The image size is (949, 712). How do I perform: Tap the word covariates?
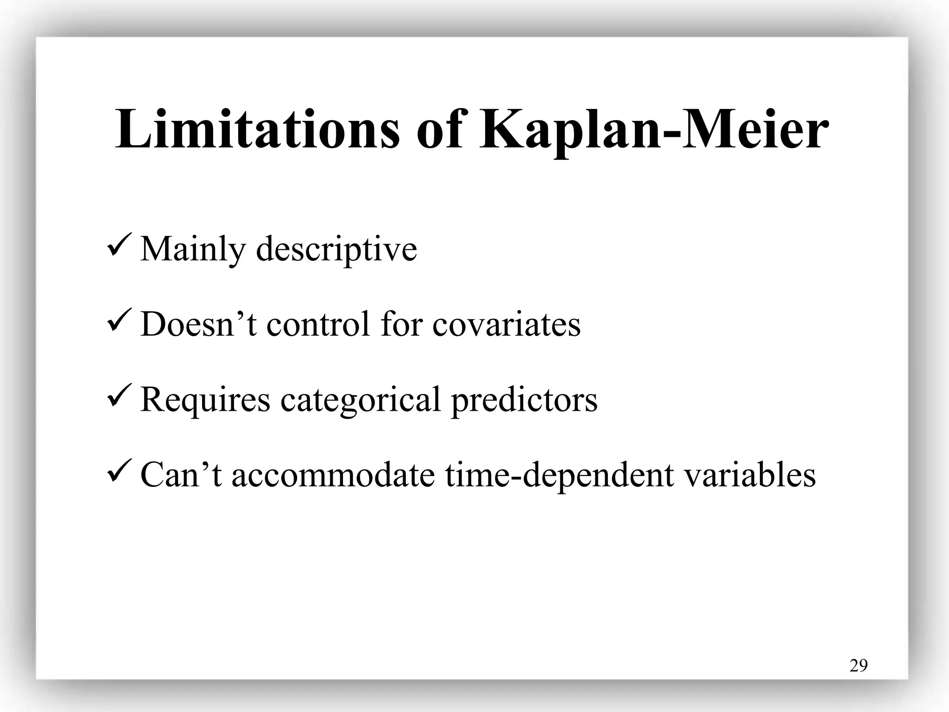(x=506, y=324)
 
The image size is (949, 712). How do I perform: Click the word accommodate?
(x=333, y=475)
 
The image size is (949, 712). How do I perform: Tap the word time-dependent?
(x=559, y=475)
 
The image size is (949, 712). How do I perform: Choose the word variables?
(x=750, y=475)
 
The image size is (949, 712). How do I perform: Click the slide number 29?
(x=858, y=666)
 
